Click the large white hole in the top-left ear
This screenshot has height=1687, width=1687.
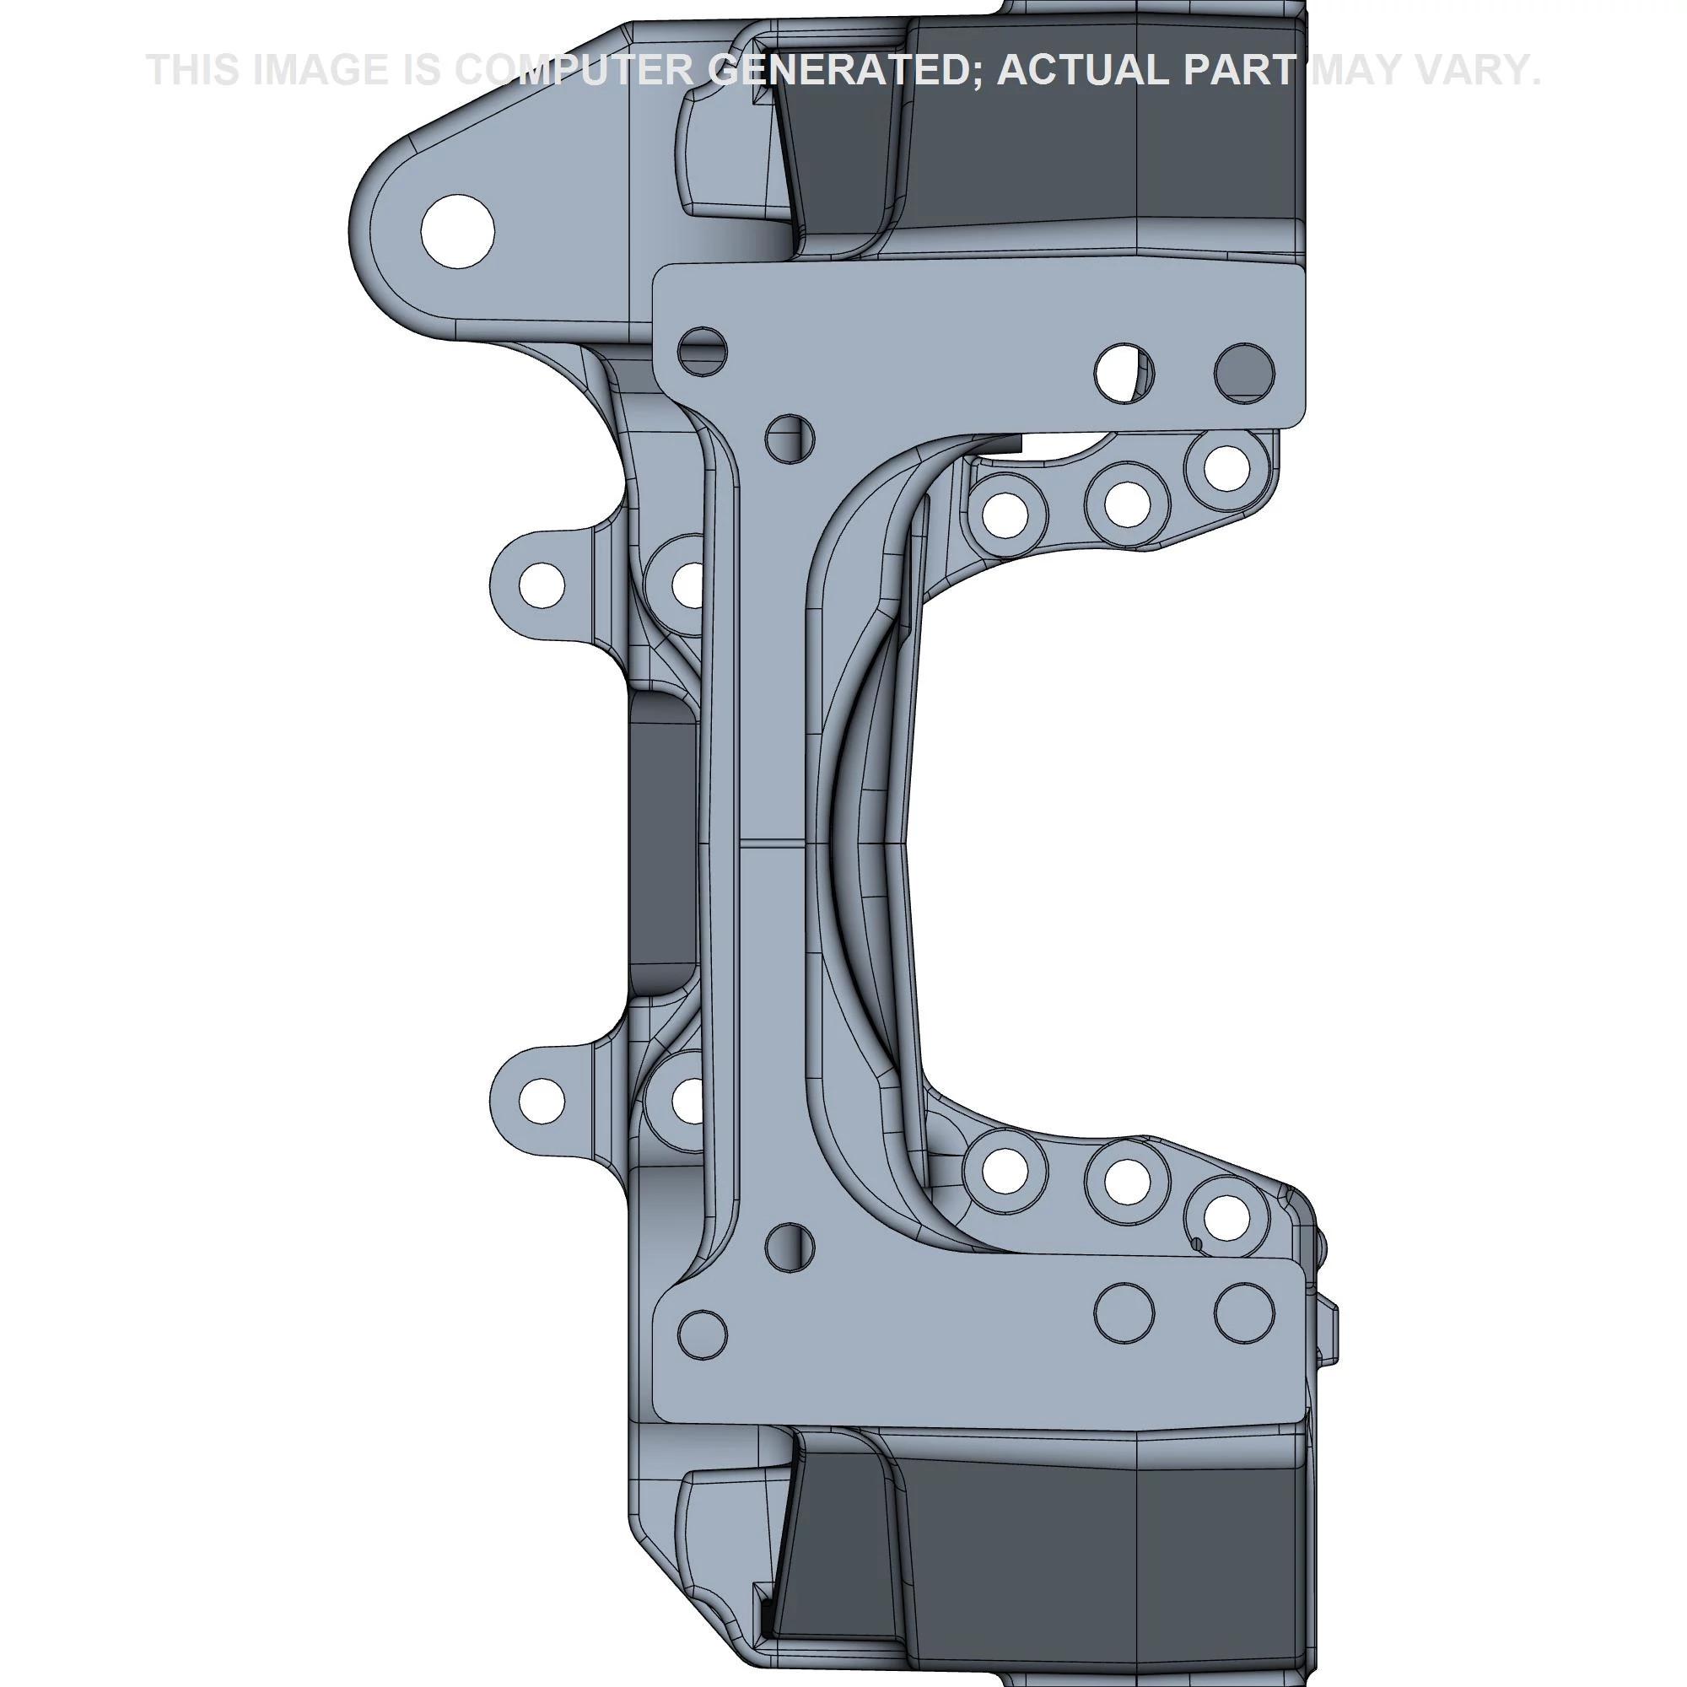[457, 231]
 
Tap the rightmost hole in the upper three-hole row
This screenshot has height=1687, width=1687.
[1226, 468]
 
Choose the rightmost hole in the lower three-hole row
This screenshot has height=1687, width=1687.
[1226, 1215]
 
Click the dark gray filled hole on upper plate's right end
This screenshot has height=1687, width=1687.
[1244, 373]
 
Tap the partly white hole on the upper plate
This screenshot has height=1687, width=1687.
[1123, 373]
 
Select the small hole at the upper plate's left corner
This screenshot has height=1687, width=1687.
[702, 351]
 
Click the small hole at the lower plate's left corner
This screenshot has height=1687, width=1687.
[702, 1334]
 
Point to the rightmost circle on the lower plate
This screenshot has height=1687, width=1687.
[1244, 1312]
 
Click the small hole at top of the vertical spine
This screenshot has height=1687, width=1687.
[790, 439]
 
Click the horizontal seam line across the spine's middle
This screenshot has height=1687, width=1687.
[768, 844]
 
